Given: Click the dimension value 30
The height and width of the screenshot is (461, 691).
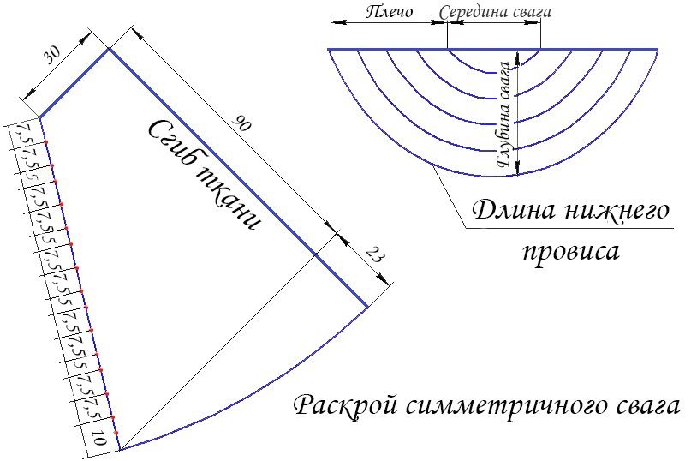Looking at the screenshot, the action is tap(52, 55).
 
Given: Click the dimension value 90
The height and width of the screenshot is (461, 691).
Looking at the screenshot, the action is tap(241, 123).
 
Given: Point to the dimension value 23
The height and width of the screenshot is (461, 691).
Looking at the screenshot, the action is tap(372, 255).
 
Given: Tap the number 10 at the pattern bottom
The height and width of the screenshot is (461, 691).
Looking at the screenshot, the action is tap(99, 438).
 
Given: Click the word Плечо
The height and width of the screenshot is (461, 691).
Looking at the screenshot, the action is tap(389, 11).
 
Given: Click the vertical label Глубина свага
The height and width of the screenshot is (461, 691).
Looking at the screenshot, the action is tap(504, 115).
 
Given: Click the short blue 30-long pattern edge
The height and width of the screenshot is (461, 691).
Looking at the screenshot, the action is tap(74, 83).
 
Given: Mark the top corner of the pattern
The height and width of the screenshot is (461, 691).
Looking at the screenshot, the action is tap(110, 49).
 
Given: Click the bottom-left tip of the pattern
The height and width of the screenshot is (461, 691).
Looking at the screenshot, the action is tap(120, 450).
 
